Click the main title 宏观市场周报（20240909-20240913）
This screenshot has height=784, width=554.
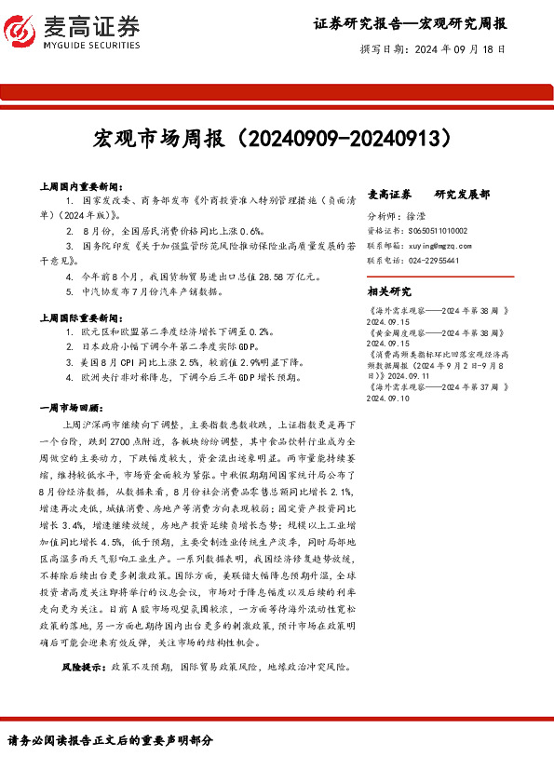277,139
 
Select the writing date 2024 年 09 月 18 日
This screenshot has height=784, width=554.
460,49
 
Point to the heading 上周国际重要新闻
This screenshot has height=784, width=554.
89,318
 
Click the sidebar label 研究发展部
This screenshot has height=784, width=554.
464,195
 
